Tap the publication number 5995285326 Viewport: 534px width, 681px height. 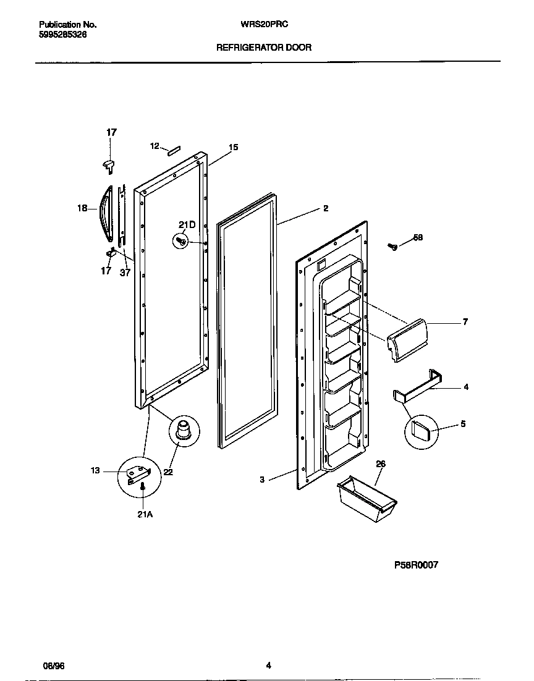click(x=63, y=35)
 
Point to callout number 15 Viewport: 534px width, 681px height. click(x=233, y=148)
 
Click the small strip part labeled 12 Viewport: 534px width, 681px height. click(x=172, y=148)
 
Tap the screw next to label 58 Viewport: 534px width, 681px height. click(x=392, y=247)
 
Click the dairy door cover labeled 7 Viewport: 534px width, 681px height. click(x=405, y=339)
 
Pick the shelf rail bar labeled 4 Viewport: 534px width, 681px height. click(x=419, y=387)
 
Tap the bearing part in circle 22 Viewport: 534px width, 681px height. click(x=184, y=428)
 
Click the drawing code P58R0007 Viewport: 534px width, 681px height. click(x=416, y=565)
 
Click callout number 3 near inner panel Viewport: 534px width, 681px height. click(x=262, y=480)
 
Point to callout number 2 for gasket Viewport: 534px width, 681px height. click(x=325, y=209)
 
